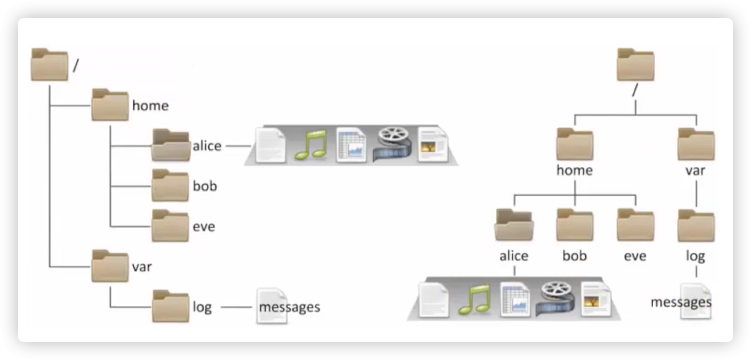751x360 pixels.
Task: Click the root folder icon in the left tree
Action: pos(49,65)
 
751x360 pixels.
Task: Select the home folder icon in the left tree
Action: pos(109,105)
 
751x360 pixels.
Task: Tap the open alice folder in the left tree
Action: pos(171,146)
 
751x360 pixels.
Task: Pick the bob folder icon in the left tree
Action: pos(170,186)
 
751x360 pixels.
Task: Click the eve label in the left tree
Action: pos(204,226)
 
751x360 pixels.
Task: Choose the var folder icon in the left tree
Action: pos(109,266)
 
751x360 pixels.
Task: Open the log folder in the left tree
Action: pos(170,306)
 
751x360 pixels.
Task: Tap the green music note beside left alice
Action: pos(310,145)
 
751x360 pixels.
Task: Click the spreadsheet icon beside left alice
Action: pos(351,145)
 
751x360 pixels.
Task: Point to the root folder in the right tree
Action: pos(635,65)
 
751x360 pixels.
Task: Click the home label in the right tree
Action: pos(575,170)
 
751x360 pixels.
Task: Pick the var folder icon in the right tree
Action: pos(696,145)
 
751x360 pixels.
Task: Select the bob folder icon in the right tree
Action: pos(575,225)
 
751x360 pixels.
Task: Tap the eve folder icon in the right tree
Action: pos(635,225)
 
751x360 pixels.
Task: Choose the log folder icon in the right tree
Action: pos(696,225)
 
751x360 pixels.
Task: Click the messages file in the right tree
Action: pos(696,303)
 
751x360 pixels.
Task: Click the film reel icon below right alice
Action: pos(554,300)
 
